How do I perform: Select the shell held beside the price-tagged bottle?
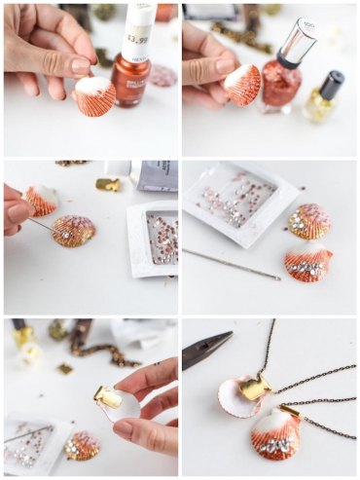coord(94,96)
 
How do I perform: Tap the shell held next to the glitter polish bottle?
coord(243,85)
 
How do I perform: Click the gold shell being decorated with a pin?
coord(73,231)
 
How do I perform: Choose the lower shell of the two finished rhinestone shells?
coord(308,265)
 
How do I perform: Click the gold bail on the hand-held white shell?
coord(109,395)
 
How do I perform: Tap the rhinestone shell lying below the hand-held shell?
coord(82,445)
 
